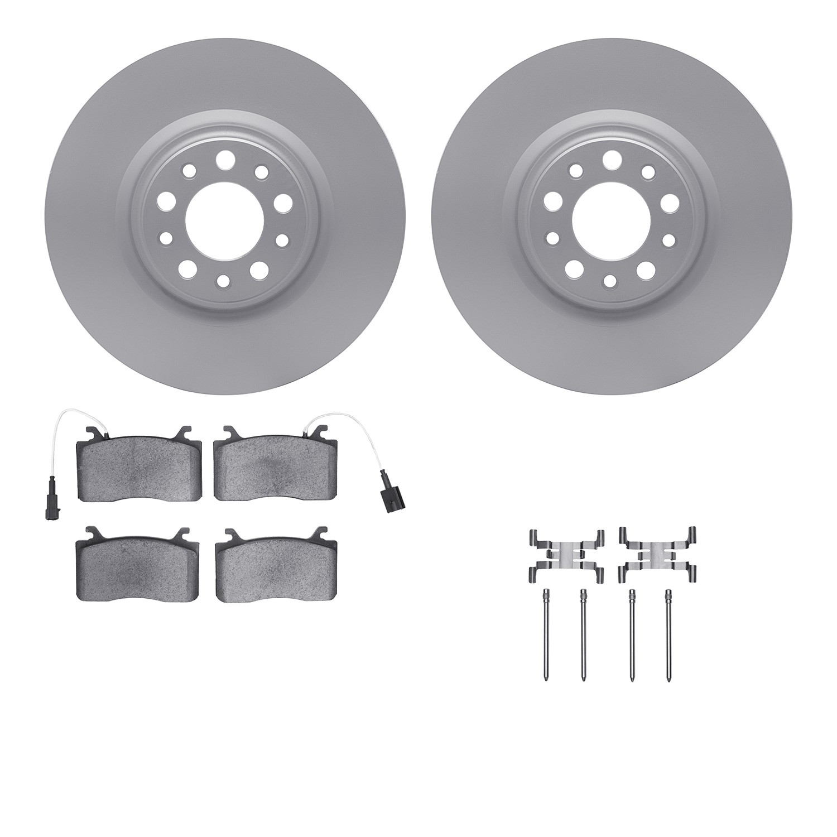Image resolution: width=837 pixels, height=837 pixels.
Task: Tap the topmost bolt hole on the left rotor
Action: [x=225, y=158]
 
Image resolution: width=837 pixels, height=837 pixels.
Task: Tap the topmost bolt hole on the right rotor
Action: [x=612, y=158]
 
